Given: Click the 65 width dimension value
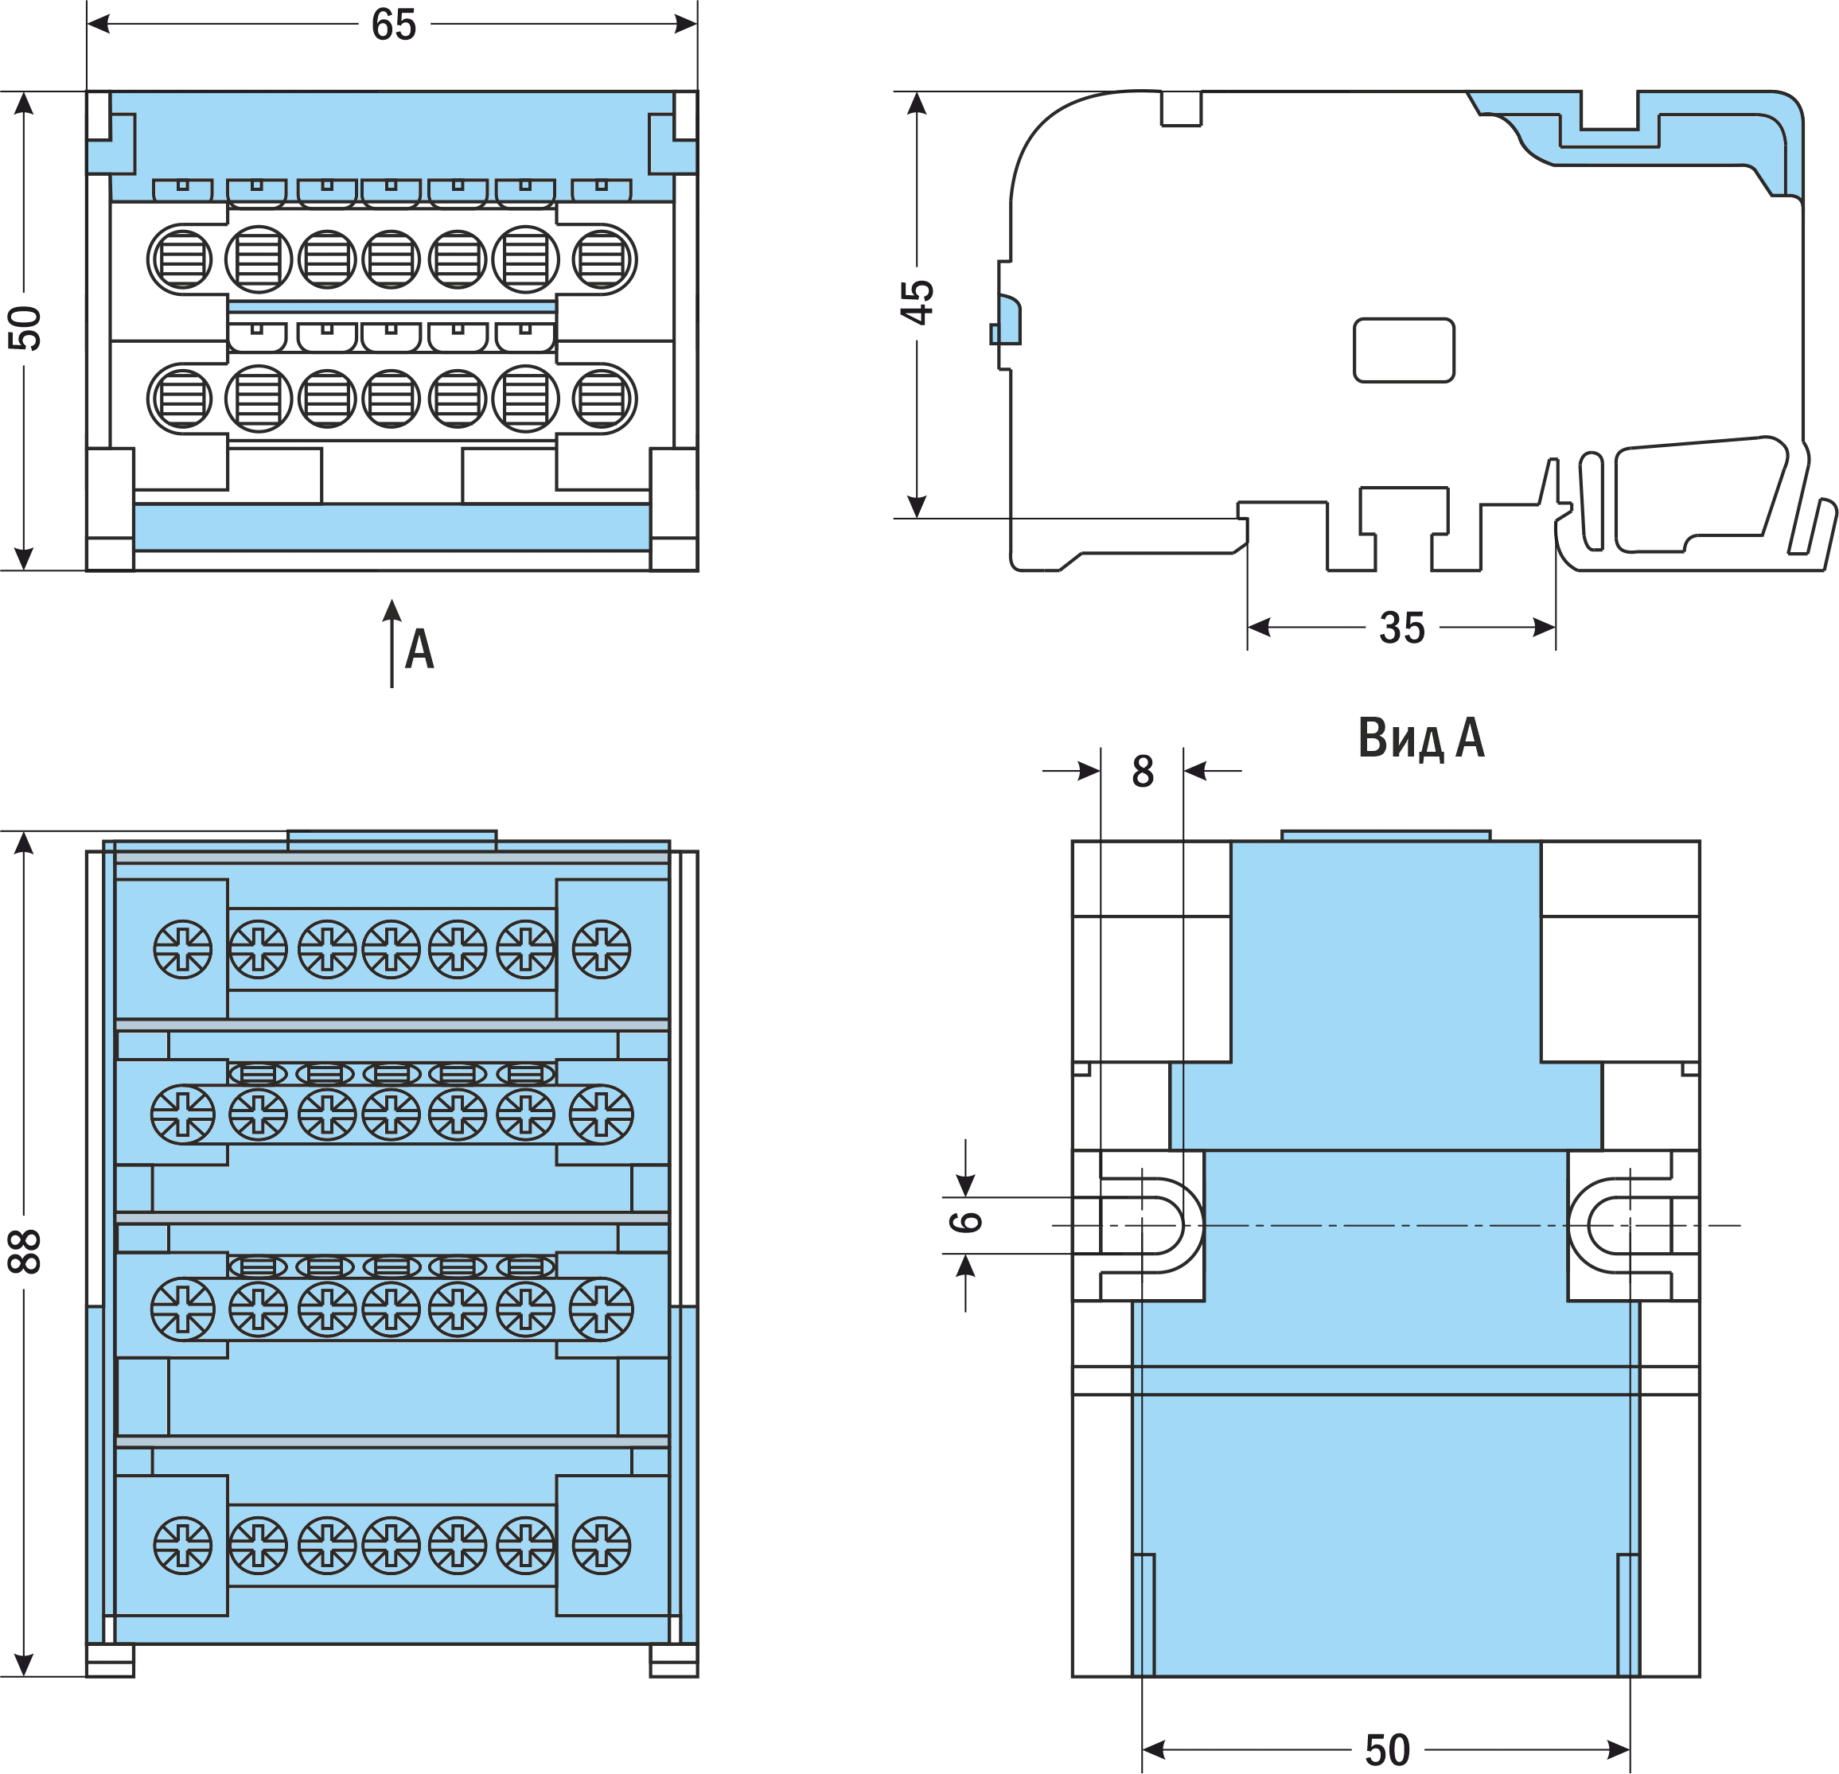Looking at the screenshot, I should tap(393, 25).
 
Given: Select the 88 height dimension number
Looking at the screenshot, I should tap(25, 1251).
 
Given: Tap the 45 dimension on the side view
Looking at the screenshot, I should tap(917, 302).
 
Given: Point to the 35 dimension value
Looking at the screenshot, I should tap(1402, 628).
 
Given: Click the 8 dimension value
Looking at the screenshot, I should tap(1142, 771).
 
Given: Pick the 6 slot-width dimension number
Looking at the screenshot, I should tap(966, 1220).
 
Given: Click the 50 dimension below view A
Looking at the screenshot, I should tap(1387, 1749).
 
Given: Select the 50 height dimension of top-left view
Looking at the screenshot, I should tap(25, 329).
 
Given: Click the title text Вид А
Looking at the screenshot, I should tap(1420, 738).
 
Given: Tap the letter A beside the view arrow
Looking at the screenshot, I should tap(419, 649).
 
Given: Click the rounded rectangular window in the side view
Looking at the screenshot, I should tap(1404, 350).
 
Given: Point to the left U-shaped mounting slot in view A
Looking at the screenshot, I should tap(1152, 1225).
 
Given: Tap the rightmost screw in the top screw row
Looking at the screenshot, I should tap(602, 949).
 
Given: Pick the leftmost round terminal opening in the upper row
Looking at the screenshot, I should tap(182, 259).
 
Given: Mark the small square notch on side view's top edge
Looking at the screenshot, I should tap(1181, 108).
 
